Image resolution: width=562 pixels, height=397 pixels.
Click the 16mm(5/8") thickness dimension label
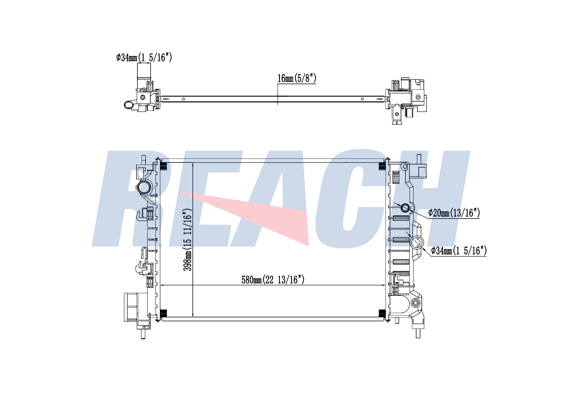click(x=297, y=78)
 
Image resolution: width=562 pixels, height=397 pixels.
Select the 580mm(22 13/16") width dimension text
click(x=273, y=279)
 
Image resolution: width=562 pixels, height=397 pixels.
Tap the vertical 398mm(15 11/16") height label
click(x=187, y=240)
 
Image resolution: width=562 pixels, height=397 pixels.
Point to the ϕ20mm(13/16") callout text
click(x=454, y=213)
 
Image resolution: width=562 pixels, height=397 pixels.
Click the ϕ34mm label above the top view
click(x=144, y=58)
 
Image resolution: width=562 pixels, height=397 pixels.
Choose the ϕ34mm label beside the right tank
click(x=459, y=251)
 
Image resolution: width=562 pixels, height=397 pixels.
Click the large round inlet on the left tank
click(x=144, y=187)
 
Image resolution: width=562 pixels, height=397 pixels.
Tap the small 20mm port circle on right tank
click(x=405, y=208)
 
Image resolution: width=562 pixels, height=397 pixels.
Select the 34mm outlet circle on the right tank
click(x=416, y=242)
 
